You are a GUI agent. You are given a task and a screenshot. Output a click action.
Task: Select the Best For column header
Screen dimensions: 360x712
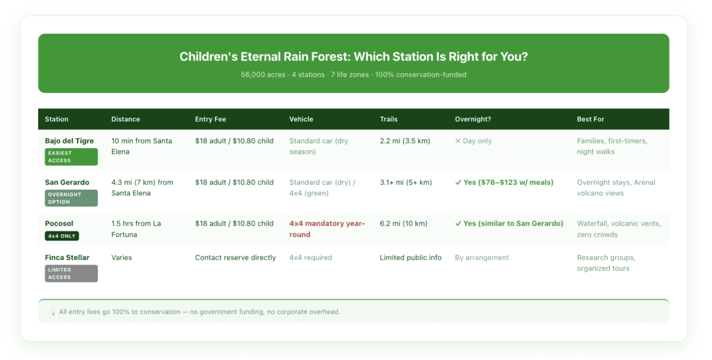(590, 119)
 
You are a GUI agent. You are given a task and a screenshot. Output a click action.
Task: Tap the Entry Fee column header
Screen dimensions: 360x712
(211, 119)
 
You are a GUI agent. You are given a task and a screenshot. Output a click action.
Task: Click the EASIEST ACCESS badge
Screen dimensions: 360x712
(72, 156)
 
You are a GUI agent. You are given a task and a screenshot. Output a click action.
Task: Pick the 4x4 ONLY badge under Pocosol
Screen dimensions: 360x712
(62, 236)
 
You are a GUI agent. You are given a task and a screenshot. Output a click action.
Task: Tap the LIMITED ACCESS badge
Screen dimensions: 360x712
(72, 273)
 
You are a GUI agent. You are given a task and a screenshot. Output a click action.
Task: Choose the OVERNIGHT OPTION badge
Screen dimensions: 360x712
(72, 198)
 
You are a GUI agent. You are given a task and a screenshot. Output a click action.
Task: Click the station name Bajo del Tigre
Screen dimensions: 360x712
(70, 141)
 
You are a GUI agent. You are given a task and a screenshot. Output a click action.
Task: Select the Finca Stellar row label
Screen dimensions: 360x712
(67, 258)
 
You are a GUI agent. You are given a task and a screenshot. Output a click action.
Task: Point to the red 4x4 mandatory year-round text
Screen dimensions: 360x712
(327, 229)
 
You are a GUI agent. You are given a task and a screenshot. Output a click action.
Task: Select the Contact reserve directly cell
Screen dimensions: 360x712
(235, 258)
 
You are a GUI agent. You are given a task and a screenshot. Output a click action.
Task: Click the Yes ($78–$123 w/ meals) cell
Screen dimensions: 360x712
(504, 183)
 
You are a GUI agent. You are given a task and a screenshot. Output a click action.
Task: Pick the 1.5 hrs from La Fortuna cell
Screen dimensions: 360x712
(136, 229)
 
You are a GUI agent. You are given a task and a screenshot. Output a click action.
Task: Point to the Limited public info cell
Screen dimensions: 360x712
(410, 258)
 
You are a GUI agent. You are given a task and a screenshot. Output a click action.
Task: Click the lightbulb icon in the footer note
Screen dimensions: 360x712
(53, 312)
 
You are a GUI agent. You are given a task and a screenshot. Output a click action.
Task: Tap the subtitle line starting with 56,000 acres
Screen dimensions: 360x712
(353, 74)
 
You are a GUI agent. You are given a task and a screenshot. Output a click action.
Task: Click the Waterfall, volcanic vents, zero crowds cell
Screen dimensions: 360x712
(618, 229)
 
